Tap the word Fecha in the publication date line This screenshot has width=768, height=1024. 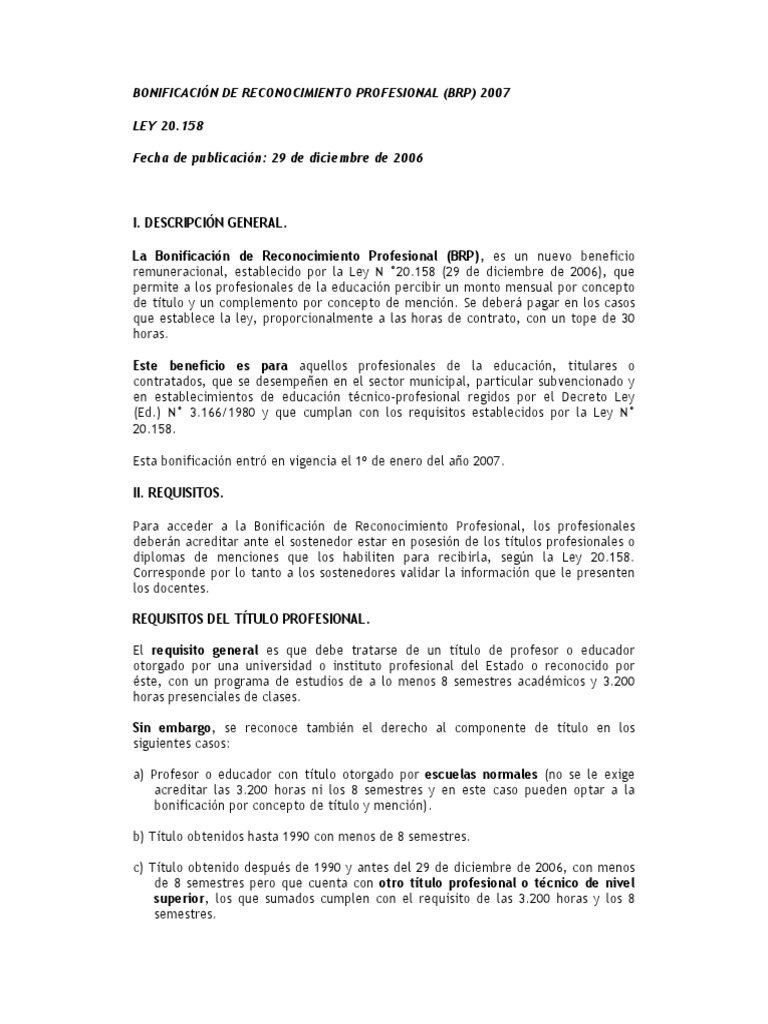point(152,160)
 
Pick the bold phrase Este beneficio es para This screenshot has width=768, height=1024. point(210,366)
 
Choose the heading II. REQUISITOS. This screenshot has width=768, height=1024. point(178,493)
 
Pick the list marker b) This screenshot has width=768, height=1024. point(139,835)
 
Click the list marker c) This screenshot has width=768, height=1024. point(139,867)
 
